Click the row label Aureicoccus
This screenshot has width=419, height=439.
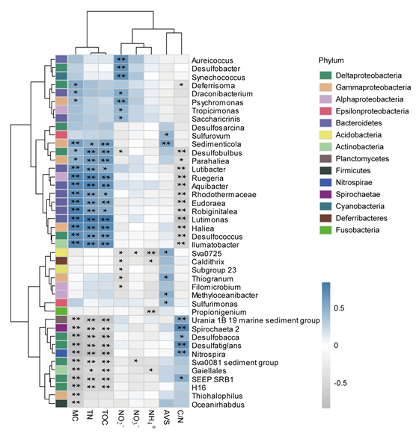click(x=212, y=60)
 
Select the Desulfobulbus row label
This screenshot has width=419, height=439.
click(x=216, y=153)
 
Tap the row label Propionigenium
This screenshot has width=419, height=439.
click(x=219, y=312)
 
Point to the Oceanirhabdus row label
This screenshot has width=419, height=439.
click(x=218, y=405)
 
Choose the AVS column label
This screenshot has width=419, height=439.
click(x=166, y=417)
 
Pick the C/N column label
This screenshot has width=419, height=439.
click(x=181, y=417)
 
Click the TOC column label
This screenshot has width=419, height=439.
click(x=105, y=417)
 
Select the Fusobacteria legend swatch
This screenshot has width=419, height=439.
click(x=325, y=230)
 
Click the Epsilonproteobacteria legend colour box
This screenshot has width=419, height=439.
click(x=325, y=111)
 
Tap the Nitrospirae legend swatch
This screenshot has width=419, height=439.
click(x=325, y=182)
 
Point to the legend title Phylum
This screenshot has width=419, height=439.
click(x=331, y=60)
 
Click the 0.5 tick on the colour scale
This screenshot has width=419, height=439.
click(x=339, y=308)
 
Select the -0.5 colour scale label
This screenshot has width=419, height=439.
click(x=340, y=383)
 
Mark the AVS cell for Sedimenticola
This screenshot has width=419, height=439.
click(x=166, y=143)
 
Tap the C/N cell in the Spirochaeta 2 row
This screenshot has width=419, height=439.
click(x=182, y=328)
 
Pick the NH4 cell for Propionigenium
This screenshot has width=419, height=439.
click(x=151, y=311)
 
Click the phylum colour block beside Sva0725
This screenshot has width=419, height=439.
click(x=61, y=252)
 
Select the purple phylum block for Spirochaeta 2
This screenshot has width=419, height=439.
click(x=61, y=328)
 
